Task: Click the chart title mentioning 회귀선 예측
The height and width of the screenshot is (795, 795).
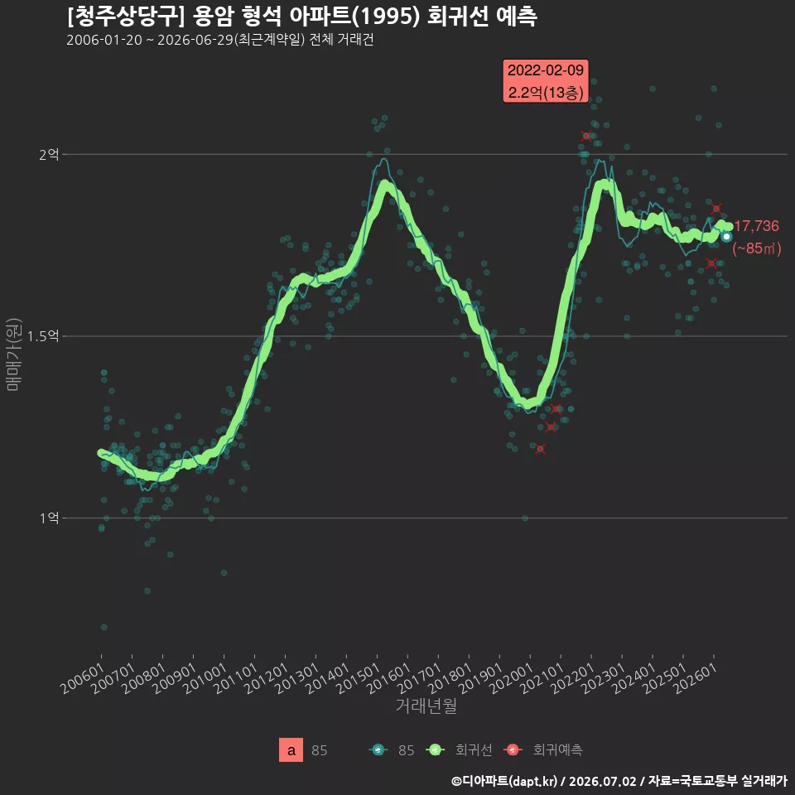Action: pyautogui.click(x=301, y=17)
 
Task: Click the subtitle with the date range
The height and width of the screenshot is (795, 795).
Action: pyautogui.click(x=220, y=40)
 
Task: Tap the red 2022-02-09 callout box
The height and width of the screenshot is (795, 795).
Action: pyautogui.click(x=546, y=81)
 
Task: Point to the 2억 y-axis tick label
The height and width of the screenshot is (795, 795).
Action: pyautogui.click(x=49, y=154)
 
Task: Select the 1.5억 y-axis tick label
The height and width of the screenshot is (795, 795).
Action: pyautogui.click(x=43, y=335)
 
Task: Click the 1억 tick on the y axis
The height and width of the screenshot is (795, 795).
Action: pyautogui.click(x=49, y=518)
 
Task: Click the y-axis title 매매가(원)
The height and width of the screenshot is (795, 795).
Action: pyautogui.click(x=13, y=354)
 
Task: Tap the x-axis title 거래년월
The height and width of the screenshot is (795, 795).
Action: pyautogui.click(x=426, y=706)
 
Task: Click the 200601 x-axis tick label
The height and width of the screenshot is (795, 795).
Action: pyautogui.click(x=82, y=678)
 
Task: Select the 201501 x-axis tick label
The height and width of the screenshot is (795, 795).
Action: pyautogui.click(x=358, y=678)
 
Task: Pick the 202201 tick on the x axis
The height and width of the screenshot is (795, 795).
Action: pyautogui.click(x=572, y=678)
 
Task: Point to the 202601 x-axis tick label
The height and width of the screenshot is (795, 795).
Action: pyautogui.click(x=695, y=678)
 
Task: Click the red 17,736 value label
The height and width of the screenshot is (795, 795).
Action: pyautogui.click(x=756, y=226)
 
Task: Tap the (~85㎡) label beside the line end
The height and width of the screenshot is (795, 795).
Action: pyautogui.click(x=756, y=248)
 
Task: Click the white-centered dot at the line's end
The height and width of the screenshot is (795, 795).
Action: pyautogui.click(x=726, y=237)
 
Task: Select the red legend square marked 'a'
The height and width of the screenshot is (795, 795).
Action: pyautogui.click(x=291, y=750)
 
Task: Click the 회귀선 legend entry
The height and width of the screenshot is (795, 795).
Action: pyautogui.click(x=459, y=750)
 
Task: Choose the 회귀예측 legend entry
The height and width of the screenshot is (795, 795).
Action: pyautogui.click(x=543, y=750)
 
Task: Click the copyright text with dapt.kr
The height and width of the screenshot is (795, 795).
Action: pyautogui.click(x=619, y=781)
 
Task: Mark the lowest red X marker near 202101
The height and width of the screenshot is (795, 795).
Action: pyautogui.click(x=541, y=449)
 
